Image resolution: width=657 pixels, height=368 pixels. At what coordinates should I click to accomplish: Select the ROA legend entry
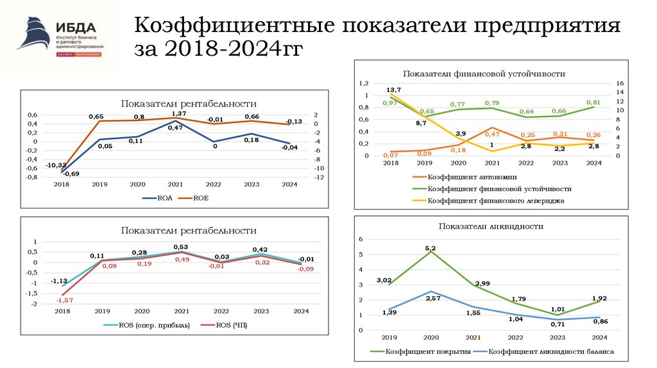[157, 198]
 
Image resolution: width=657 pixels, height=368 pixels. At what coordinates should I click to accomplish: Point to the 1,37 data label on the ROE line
[179, 113]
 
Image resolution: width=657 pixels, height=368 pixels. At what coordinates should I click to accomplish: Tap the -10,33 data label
[55, 165]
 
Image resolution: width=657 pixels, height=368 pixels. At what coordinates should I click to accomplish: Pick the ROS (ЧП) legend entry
[224, 325]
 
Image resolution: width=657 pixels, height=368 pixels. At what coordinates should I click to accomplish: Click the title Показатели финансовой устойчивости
[484, 74]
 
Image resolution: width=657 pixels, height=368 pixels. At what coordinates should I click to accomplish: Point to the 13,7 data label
[393, 89]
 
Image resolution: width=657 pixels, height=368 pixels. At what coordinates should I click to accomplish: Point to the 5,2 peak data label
[430, 247]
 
